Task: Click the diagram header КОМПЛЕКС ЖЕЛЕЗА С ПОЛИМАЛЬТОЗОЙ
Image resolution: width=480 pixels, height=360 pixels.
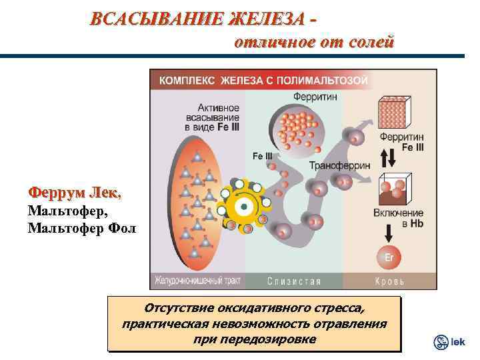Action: (x=263, y=80)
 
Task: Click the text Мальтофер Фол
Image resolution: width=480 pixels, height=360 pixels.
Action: (x=81, y=229)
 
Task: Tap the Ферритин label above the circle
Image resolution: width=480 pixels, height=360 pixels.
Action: (x=315, y=97)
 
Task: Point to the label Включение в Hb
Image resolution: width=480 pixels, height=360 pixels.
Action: (x=400, y=217)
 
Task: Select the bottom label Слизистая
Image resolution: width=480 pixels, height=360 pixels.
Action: (x=294, y=281)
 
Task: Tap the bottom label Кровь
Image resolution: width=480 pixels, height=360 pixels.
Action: (x=389, y=281)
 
